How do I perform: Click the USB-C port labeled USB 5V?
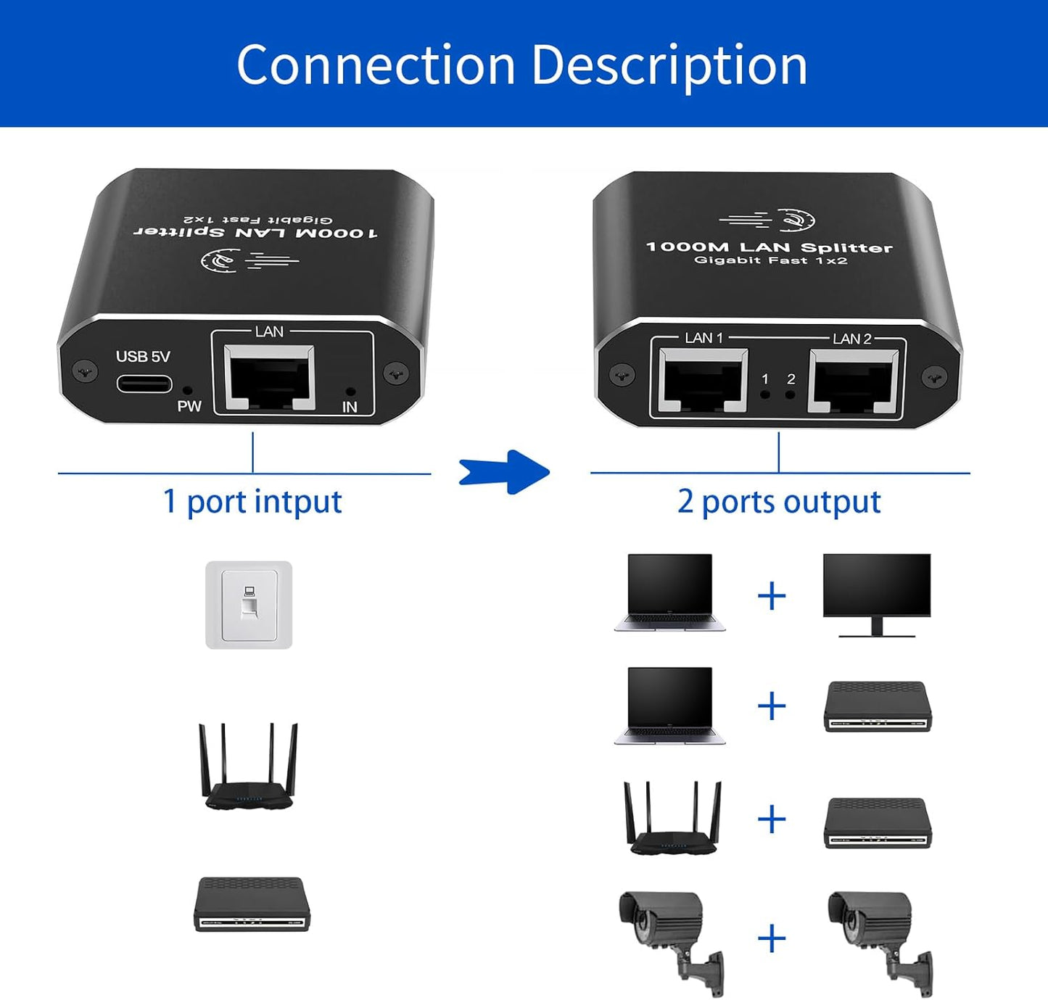[x=144, y=383]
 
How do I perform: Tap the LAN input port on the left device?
[x=269, y=378]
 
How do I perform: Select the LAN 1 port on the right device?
[x=703, y=381]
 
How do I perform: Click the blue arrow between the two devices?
[x=505, y=472]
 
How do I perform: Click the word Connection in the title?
[x=376, y=65]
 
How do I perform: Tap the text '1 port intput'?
[x=252, y=502]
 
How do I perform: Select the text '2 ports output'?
[x=779, y=502]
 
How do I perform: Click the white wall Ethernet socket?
[x=249, y=605]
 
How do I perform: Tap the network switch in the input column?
[x=252, y=904]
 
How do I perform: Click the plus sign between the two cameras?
[x=772, y=938]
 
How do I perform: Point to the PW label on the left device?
[x=189, y=406]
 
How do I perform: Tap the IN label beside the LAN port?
[x=350, y=407]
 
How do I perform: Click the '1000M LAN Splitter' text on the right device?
[x=769, y=247]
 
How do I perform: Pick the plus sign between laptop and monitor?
[x=772, y=596]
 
